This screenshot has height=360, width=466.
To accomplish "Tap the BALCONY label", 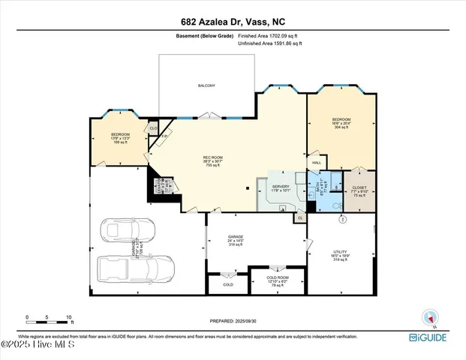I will (206, 85).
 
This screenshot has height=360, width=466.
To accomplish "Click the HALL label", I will (316, 163).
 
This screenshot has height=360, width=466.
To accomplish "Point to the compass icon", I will (429, 318).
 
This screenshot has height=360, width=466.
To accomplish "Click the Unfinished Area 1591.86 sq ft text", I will (269, 44).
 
